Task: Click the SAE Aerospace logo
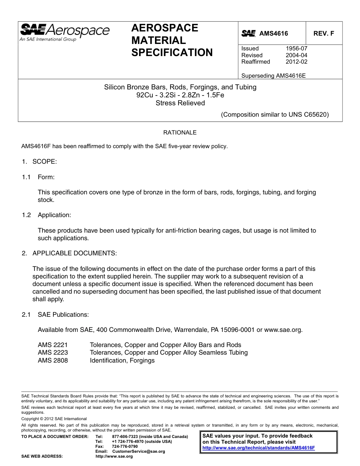(x=65, y=32)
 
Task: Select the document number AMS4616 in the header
(x=274, y=33)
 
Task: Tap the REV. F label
(x=324, y=33)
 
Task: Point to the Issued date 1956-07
(x=296, y=48)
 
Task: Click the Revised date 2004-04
(x=296, y=55)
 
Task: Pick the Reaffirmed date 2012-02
(x=296, y=62)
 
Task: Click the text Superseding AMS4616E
(x=273, y=75)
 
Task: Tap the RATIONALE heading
(x=180, y=133)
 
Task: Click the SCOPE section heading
(x=44, y=162)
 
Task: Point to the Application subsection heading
(x=54, y=215)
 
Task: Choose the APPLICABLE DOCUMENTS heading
(x=75, y=253)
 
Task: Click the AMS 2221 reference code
(x=53, y=345)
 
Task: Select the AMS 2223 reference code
(x=53, y=353)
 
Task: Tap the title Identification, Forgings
(x=122, y=361)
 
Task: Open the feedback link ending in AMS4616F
(x=258, y=447)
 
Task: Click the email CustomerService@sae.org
(x=139, y=451)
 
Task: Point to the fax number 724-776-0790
(x=125, y=446)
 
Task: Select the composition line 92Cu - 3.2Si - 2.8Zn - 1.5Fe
(x=180, y=95)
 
